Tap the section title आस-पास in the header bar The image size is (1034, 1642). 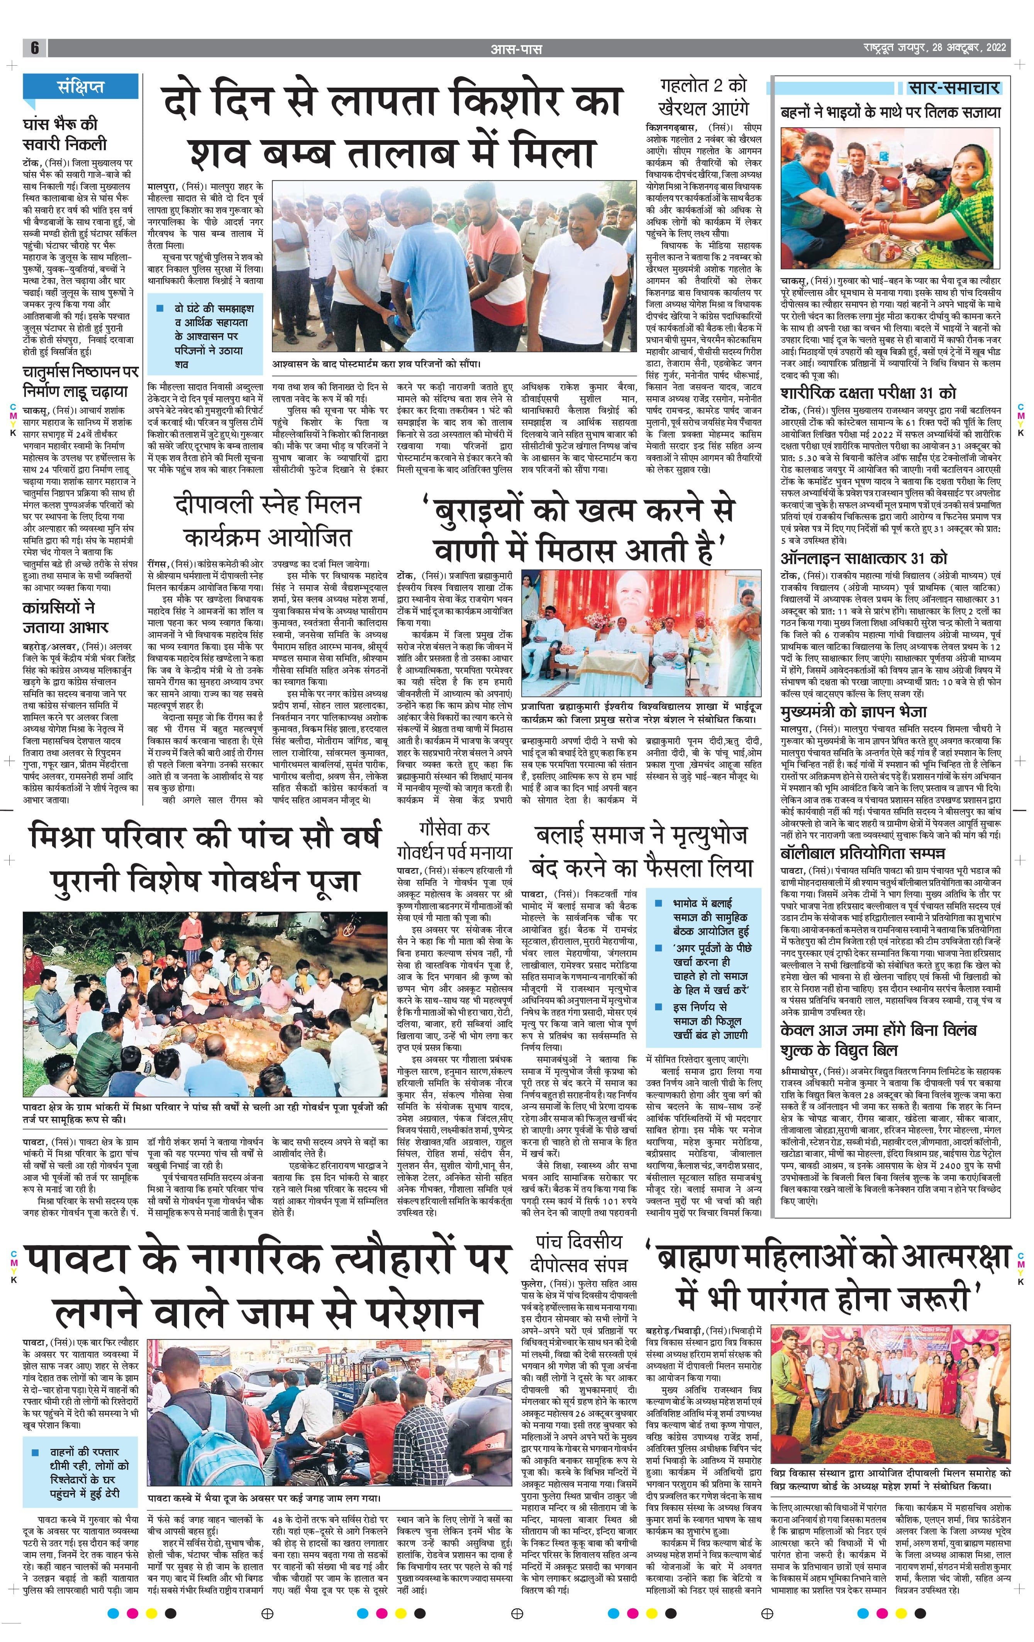point(516,48)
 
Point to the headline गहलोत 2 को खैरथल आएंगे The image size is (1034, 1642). point(704,97)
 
